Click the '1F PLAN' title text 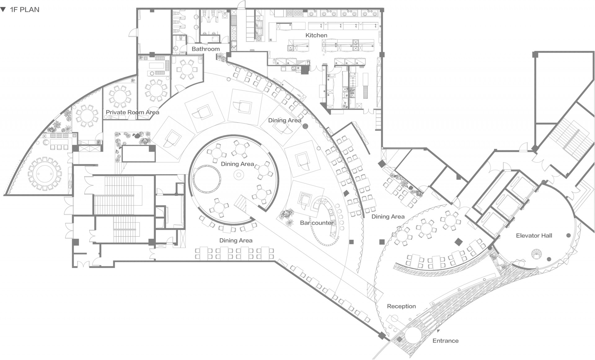pos(24,10)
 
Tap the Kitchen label pos(316,35)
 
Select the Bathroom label pos(205,49)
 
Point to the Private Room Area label pos(132,112)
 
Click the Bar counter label pos(317,223)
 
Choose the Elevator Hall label pos(534,235)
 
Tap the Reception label pos(401,306)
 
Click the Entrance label pos(445,341)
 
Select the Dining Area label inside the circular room pos(237,164)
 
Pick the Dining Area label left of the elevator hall pos(388,217)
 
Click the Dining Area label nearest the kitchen pos(284,120)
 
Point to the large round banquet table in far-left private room pos(45,173)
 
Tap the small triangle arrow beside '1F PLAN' pos(3,10)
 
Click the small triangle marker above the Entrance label pos(438,331)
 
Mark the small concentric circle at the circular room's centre pos(239,175)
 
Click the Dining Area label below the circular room pos(236,240)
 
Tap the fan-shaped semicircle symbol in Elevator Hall pos(536,254)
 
